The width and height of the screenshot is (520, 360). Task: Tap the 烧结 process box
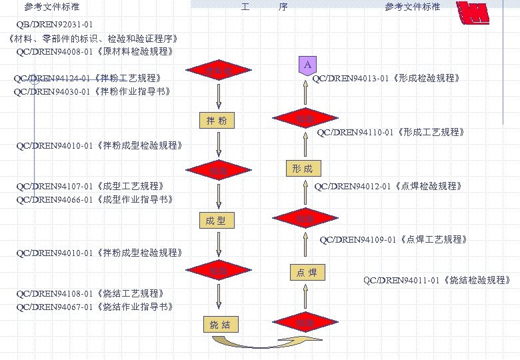pos(219,325)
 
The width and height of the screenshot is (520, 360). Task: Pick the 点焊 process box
pos(307,272)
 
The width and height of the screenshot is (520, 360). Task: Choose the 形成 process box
pos(302,169)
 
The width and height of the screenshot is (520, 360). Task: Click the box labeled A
pos(307,65)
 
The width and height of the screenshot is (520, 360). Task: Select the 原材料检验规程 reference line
pos(95,51)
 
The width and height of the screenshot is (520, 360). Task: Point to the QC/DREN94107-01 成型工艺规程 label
pos(90,186)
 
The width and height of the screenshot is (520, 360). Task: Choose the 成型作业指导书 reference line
pos(95,199)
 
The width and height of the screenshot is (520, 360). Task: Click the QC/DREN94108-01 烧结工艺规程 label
pos(90,293)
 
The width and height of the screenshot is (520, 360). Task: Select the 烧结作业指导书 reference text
pos(95,307)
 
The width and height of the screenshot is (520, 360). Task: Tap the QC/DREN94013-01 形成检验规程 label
pos(386,79)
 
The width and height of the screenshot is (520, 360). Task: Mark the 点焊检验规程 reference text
pos(388,186)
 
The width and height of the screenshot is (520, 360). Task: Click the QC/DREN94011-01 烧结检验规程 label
pos(437,280)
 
